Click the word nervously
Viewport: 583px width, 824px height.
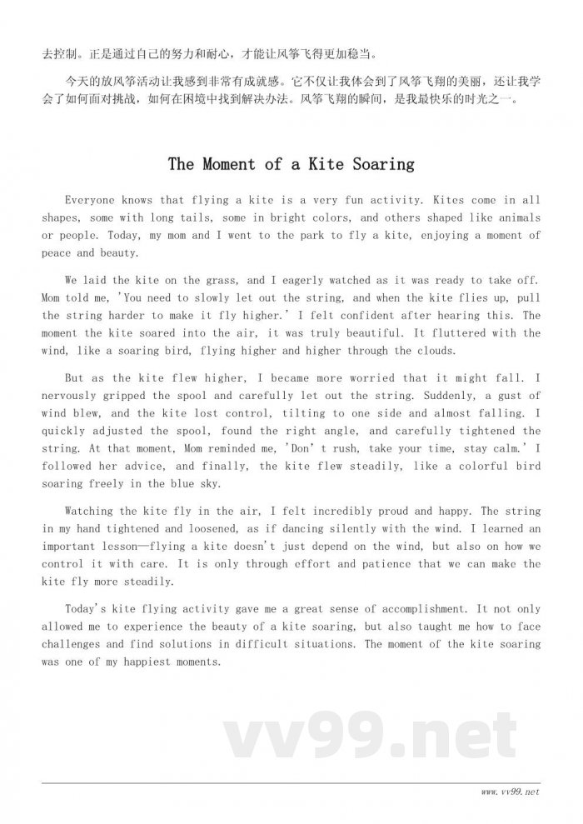click(x=72, y=396)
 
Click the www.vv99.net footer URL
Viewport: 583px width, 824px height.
click(x=510, y=792)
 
